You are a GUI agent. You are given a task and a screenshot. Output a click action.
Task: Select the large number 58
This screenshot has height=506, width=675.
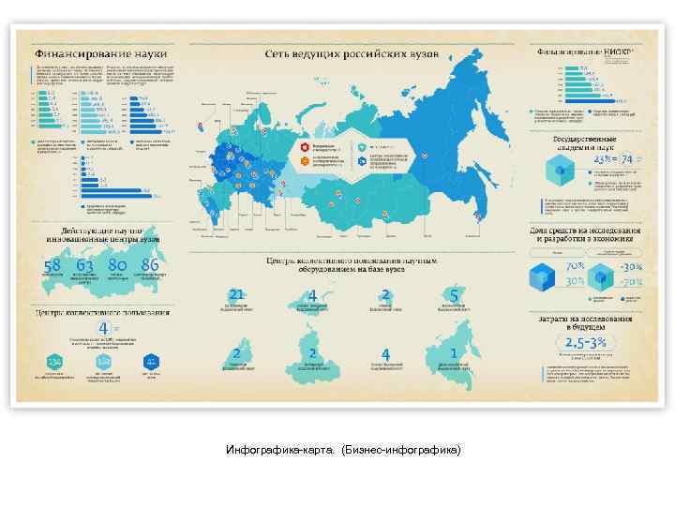(52, 265)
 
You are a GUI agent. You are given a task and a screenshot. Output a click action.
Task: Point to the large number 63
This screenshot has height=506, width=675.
(85, 265)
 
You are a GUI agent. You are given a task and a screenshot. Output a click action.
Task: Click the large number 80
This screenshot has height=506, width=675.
(117, 265)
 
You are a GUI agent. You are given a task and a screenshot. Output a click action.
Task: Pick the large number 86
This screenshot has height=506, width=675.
(149, 265)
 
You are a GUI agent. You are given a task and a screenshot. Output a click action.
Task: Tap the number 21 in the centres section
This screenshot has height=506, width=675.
(236, 294)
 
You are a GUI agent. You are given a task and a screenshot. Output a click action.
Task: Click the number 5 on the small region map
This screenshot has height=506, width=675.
(454, 295)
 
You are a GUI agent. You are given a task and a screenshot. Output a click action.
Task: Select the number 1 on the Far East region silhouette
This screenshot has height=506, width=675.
(454, 352)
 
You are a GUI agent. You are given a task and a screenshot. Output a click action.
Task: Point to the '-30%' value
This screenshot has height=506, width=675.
(630, 266)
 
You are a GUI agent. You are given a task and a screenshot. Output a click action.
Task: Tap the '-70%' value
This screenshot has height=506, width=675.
(630, 281)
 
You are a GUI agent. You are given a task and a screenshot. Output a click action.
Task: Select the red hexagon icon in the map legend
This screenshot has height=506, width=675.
(305, 147)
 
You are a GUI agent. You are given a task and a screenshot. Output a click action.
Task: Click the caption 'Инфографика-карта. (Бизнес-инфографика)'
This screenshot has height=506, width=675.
(344, 451)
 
